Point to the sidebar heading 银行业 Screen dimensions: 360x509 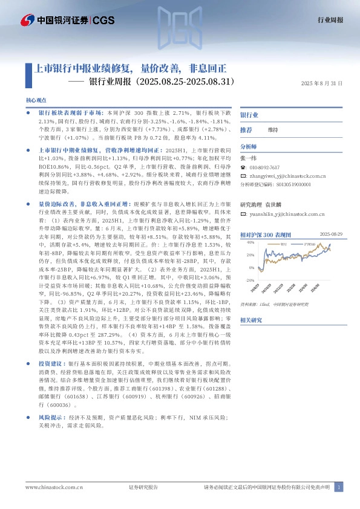tap(249, 114)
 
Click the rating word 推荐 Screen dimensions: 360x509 tap(246, 130)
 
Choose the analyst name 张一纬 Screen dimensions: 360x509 tap(248, 157)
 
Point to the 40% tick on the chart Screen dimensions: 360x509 tap(250, 242)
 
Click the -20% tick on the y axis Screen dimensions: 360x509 tap(250, 280)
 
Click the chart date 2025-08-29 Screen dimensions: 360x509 tap(331, 233)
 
